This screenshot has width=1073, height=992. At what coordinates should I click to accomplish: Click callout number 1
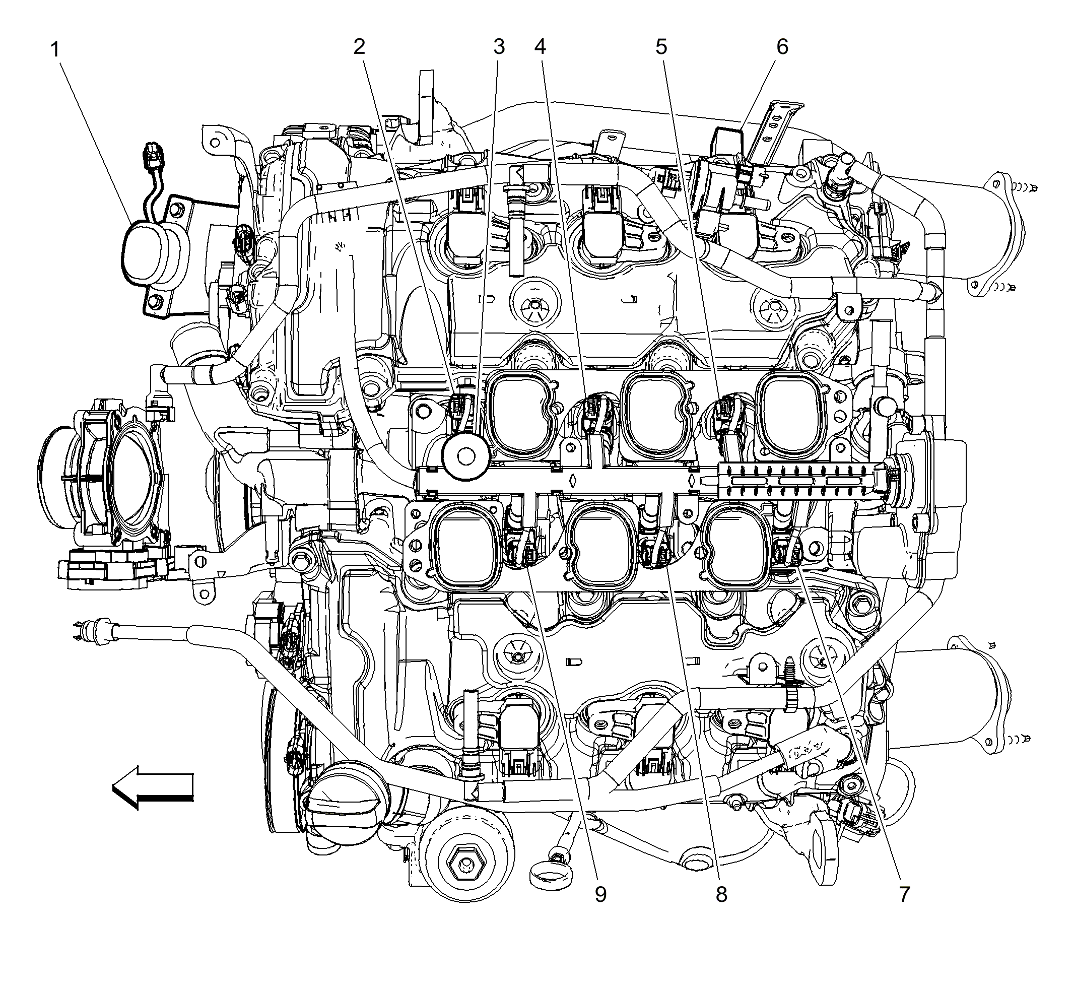tap(55, 50)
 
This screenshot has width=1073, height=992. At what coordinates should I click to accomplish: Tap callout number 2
tap(359, 47)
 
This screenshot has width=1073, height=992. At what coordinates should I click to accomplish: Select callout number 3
tap(499, 47)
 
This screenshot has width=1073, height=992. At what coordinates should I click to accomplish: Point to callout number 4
tap(540, 47)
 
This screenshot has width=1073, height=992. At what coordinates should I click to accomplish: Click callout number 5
tap(661, 47)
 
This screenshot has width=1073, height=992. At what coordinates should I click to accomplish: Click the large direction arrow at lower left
tap(153, 787)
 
